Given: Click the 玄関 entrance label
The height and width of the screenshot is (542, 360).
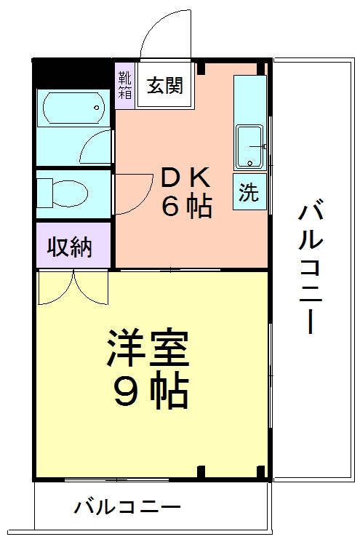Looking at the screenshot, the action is click(x=165, y=85).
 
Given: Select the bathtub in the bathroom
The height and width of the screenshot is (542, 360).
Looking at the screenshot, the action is click(x=73, y=108).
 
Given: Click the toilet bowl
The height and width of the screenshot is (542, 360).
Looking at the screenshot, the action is click(x=70, y=193).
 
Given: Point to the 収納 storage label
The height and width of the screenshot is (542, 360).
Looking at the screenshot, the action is click(x=70, y=247).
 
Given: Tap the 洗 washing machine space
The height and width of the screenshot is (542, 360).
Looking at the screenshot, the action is click(x=249, y=192).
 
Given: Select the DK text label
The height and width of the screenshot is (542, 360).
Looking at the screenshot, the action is click(x=186, y=178).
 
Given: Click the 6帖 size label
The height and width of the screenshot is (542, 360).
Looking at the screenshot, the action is click(x=187, y=207).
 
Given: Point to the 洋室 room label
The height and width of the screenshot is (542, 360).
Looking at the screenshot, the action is click(x=148, y=348).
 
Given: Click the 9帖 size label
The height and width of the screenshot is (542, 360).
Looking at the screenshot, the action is click(x=151, y=390).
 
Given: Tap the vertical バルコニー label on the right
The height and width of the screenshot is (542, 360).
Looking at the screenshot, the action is click(x=311, y=266).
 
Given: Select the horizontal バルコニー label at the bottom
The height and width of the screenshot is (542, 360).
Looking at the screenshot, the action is click(x=127, y=507).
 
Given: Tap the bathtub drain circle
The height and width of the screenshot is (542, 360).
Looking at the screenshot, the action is click(x=97, y=108).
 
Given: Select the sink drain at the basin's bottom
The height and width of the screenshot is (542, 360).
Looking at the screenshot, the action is click(x=250, y=163).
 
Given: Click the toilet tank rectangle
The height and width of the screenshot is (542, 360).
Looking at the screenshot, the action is click(x=44, y=193).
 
